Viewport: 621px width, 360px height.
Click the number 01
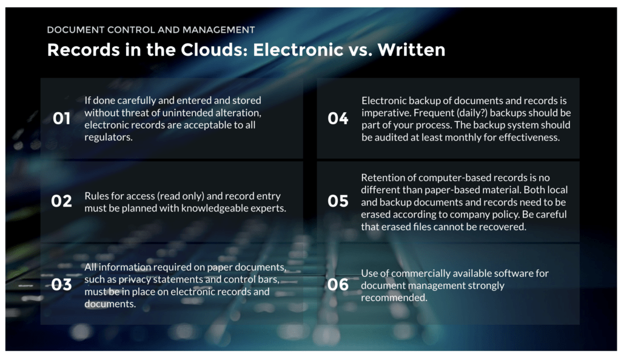point(61,118)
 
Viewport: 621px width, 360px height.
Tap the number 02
point(61,201)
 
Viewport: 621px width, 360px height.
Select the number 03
point(61,284)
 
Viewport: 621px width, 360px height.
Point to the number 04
point(338,118)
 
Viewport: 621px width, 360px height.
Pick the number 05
point(338,201)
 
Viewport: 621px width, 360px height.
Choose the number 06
point(338,284)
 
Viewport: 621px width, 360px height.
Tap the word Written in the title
point(411,50)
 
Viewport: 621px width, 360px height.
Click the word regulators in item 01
point(108,138)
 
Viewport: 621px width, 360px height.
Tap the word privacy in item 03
point(135,279)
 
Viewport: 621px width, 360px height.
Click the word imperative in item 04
point(386,113)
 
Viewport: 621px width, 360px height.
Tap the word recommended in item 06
point(394,298)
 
